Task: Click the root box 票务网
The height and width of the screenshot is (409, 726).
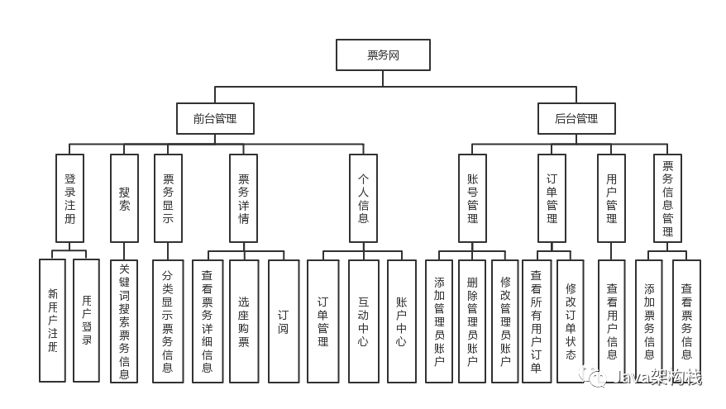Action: tap(383, 55)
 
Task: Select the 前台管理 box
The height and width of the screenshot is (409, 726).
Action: tap(215, 118)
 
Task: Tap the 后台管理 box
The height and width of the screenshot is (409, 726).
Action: tap(576, 118)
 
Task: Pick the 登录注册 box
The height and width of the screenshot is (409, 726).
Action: tap(69, 197)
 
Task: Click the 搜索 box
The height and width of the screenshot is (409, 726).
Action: tap(124, 197)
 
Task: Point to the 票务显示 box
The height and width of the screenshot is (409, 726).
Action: tap(168, 197)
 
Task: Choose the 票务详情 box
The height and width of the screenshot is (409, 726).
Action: tap(243, 197)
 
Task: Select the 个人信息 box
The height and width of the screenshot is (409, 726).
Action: tap(363, 197)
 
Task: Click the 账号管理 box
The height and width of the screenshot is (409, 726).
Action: tap(472, 197)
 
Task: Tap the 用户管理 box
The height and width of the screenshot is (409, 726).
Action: tap(611, 197)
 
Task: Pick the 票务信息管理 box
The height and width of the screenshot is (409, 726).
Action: tap(667, 197)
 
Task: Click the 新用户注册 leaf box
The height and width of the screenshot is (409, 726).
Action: tap(52, 321)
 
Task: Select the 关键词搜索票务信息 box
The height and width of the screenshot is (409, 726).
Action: tap(124, 321)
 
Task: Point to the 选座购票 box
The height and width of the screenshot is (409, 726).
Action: tap(243, 321)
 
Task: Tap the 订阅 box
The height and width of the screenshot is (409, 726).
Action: tap(284, 321)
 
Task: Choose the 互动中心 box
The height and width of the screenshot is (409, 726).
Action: tap(363, 321)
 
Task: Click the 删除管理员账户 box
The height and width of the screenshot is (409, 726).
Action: tap(471, 321)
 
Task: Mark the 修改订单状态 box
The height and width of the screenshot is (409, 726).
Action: tap(570, 321)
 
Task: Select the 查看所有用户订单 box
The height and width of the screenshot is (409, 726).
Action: tap(537, 321)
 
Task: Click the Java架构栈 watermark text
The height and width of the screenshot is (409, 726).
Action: tap(657, 378)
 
